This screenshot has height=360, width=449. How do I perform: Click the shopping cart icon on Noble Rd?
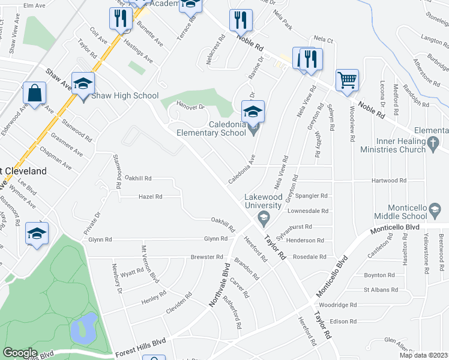click(x=348, y=79)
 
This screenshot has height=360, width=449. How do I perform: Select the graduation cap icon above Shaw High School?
click(x=83, y=83)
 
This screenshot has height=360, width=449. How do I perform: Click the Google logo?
click(x=20, y=353)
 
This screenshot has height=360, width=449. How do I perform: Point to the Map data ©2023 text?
click(x=423, y=355)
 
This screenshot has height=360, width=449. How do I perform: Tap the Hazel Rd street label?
click(x=150, y=196)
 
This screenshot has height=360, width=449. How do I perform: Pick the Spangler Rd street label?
click(x=316, y=196)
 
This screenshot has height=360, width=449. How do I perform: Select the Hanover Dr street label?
click(x=191, y=106)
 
